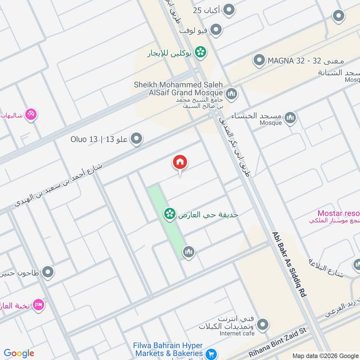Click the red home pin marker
[180, 163]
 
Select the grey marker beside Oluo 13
[136, 139]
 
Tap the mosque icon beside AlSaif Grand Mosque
[232, 94]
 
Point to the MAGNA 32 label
[306, 60]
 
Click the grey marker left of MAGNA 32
[259, 60]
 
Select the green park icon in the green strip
[169, 214]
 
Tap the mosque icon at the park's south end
[189, 252]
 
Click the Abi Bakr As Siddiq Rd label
[289, 264]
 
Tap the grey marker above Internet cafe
[262, 324]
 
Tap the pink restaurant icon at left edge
[31, 114]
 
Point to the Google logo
[19, 353]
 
